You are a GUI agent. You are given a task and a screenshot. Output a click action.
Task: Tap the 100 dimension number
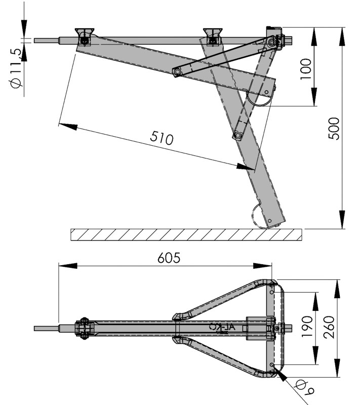tap(305, 66)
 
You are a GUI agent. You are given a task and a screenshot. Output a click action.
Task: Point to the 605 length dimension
tap(169, 258)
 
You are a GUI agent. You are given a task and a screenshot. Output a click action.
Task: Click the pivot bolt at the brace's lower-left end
tap(177, 72)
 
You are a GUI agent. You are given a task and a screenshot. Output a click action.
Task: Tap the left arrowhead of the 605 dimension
tap(63, 265)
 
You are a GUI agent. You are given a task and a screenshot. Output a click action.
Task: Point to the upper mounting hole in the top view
tap(272, 292)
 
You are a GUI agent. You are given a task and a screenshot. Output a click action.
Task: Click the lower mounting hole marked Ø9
tap(272, 364)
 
